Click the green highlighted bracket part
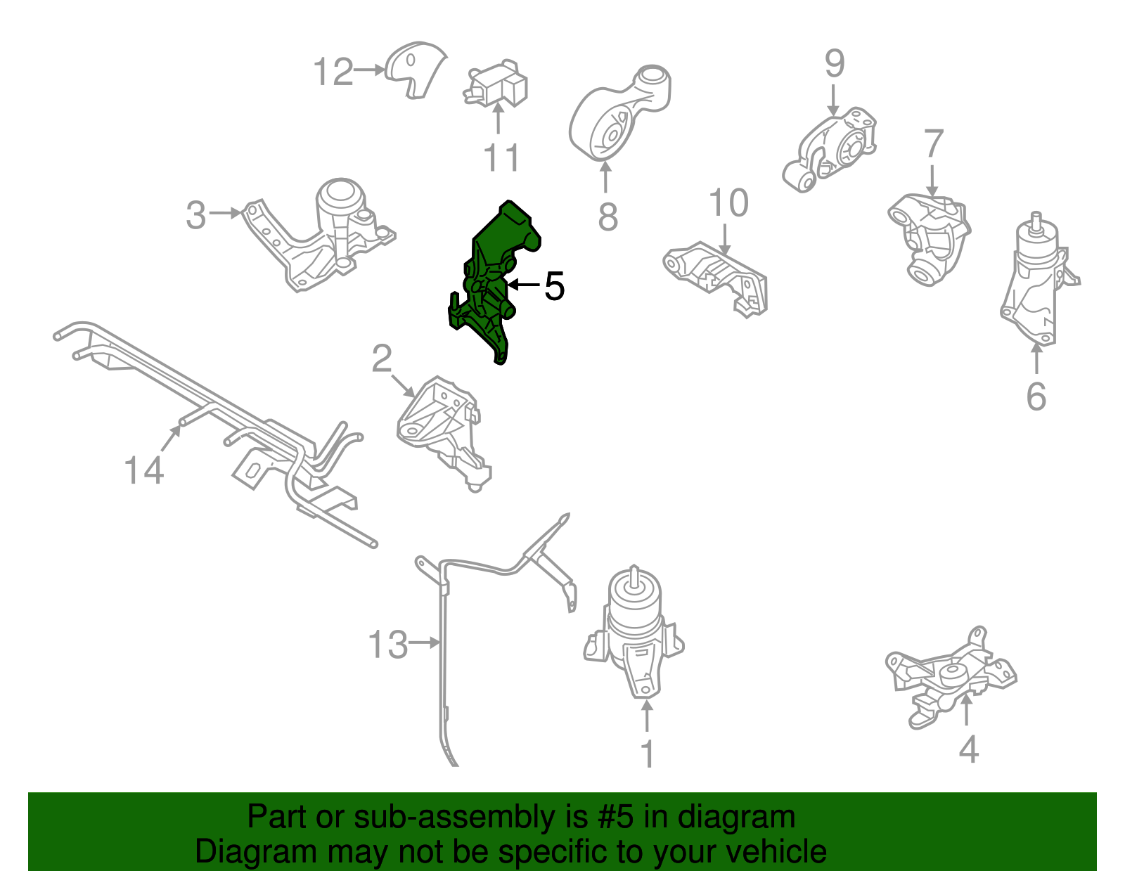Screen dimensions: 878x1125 tap(496, 267)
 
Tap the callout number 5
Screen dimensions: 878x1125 tap(554, 286)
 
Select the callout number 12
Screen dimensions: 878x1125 tap(333, 72)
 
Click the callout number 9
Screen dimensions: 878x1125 tap(834, 64)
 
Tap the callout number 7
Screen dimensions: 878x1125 tap(933, 144)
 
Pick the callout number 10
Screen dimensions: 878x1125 tap(728, 204)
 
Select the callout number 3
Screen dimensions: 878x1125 tap(196, 214)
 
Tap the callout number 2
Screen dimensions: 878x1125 tap(381, 359)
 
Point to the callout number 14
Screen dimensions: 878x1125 tap(143, 470)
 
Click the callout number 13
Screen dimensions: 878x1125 tap(387, 644)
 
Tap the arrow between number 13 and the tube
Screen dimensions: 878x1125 tap(425, 643)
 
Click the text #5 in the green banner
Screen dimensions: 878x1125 tap(616, 818)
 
